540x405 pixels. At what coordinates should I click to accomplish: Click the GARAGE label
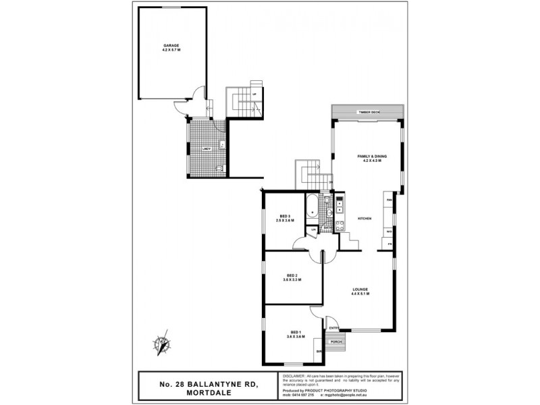click(171, 45)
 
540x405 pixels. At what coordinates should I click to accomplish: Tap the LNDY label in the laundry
click(206, 147)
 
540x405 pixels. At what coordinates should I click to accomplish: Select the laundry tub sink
click(222, 143)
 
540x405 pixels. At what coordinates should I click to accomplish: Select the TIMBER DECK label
click(369, 112)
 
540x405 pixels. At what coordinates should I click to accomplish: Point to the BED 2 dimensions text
click(292, 279)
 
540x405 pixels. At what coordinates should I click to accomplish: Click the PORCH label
click(336, 342)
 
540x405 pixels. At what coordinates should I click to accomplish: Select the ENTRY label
click(333, 328)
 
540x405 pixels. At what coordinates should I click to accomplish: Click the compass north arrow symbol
click(161, 344)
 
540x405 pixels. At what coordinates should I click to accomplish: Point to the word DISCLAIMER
click(294, 375)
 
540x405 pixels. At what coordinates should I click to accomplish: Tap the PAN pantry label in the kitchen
click(389, 200)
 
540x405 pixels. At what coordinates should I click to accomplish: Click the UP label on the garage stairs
click(254, 93)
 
